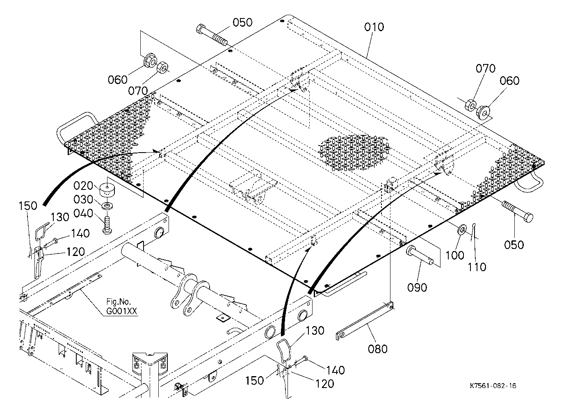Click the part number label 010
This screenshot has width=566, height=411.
(x=374, y=27)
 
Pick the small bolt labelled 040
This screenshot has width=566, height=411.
(x=107, y=224)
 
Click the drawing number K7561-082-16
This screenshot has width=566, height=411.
(x=493, y=386)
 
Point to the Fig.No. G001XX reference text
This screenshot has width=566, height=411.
(x=122, y=306)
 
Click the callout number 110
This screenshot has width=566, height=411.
(x=477, y=267)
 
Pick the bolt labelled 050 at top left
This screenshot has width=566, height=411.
(x=212, y=35)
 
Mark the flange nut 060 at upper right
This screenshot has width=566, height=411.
(x=483, y=113)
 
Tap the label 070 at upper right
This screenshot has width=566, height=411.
(x=486, y=68)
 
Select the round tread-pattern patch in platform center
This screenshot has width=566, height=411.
(x=354, y=153)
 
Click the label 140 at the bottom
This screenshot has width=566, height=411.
(x=335, y=370)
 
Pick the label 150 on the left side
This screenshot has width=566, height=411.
(x=28, y=205)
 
